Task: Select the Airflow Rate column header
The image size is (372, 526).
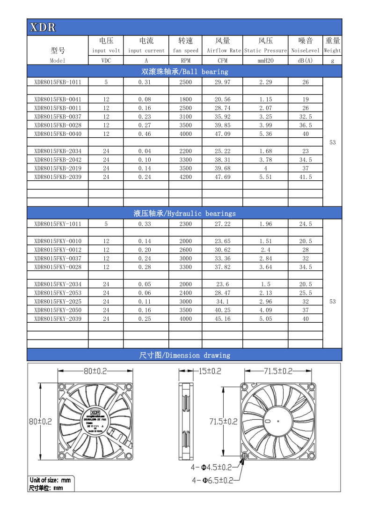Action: point(222,51)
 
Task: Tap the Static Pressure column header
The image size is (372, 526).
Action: point(265,51)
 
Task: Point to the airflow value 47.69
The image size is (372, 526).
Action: point(222,177)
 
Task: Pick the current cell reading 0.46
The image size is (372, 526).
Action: point(146,134)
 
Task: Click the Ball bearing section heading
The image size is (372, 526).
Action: point(184,72)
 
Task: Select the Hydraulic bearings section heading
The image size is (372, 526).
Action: point(184,214)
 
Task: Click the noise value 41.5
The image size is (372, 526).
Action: point(305,177)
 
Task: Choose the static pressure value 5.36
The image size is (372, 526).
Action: point(265,134)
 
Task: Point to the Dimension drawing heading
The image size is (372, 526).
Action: point(184,356)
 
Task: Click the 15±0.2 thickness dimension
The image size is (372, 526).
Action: point(210,371)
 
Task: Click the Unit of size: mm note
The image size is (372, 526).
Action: point(50,480)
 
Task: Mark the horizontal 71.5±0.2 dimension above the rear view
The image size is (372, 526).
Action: point(277,371)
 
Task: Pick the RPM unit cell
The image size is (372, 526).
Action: point(185,60)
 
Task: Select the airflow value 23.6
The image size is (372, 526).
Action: point(222,284)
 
